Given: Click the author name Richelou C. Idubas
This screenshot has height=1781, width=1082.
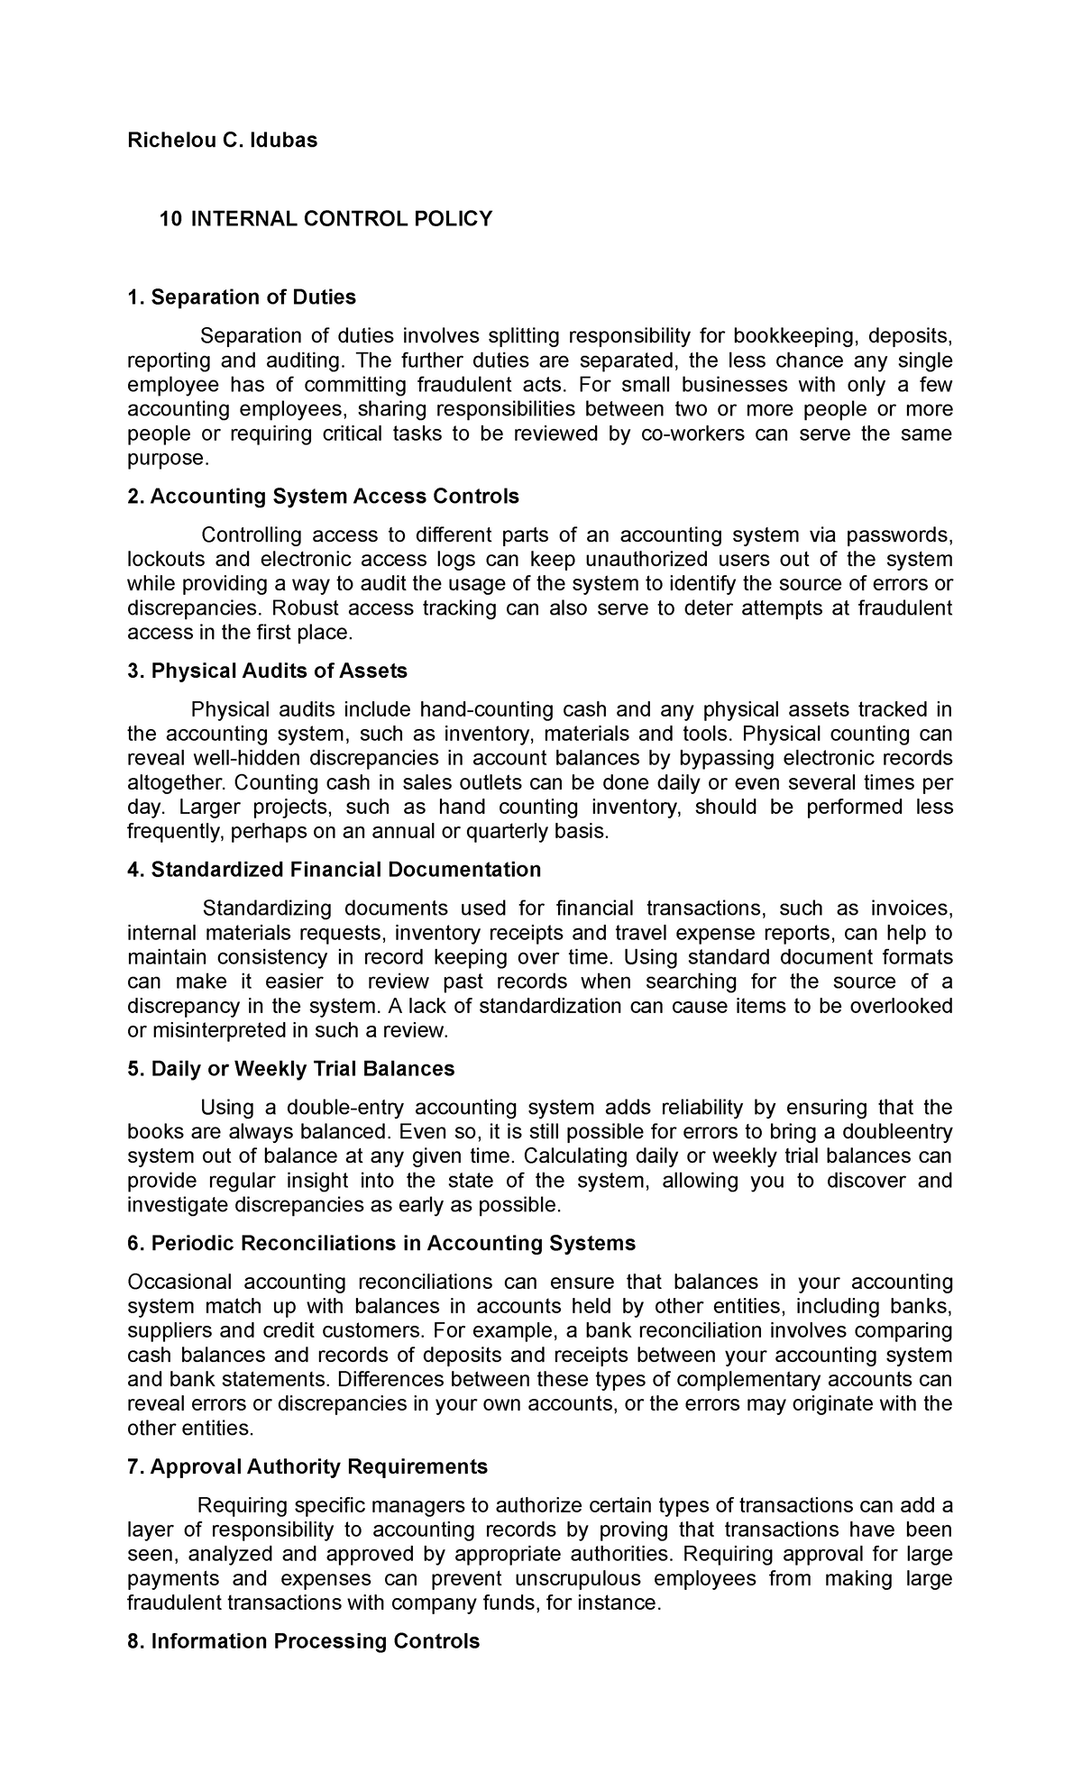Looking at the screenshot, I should [x=222, y=141].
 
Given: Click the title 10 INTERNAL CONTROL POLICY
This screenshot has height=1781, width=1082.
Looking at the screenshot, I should [x=326, y=219].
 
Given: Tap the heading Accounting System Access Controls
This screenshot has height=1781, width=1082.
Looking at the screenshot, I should [x=324, y=497].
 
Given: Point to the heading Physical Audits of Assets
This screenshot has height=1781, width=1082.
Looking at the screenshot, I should [x=268, y=671].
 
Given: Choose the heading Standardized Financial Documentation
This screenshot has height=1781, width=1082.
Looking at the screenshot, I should [x=335, y=870].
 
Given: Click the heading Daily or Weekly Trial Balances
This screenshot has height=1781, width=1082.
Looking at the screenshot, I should [x=291, y=1069].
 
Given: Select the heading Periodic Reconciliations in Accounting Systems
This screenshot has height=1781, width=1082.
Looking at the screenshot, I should [x=381, y=1244].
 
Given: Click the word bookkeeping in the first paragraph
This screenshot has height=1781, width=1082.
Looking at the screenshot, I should [x=794, y=336].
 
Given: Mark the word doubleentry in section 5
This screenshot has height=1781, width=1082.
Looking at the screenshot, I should [x=894, y=1132].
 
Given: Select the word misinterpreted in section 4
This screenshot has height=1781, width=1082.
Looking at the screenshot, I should [x=216, y=1029].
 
